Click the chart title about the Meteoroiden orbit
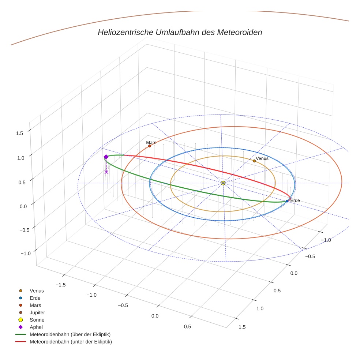[180, 32]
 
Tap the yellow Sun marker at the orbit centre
[223, 183]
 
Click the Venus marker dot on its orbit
[254, 161]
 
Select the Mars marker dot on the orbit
[150, 146]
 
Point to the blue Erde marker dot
[287, 201]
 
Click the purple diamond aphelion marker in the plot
[106, 157]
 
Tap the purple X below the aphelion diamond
[106, 172]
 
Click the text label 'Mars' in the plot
[151, 142]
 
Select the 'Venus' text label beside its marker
[262, 158]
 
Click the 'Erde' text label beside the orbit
[295, 200]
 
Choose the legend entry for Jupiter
[37, 312]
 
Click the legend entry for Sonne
[37, 320]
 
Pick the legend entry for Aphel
[36, 327]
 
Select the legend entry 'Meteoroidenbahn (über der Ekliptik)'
[70, 334]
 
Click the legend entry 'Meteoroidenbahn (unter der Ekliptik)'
[71, 342]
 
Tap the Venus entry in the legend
[37, 290]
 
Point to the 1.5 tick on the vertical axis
[19, 133]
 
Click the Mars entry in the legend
[35, 305]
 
